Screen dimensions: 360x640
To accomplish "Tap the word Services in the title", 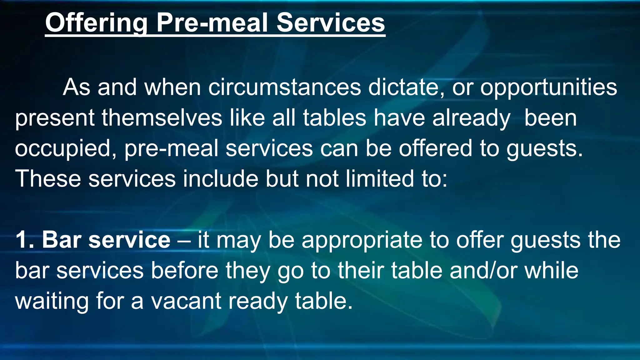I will tap(331, 23).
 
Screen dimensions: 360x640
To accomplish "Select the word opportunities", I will tap(548, 88).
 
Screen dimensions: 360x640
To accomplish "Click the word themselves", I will tap(162, 118).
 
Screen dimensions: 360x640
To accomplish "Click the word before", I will tap(184, 270).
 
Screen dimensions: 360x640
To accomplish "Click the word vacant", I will tap(186, 301).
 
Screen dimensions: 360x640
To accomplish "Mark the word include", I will tap(220, 178).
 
